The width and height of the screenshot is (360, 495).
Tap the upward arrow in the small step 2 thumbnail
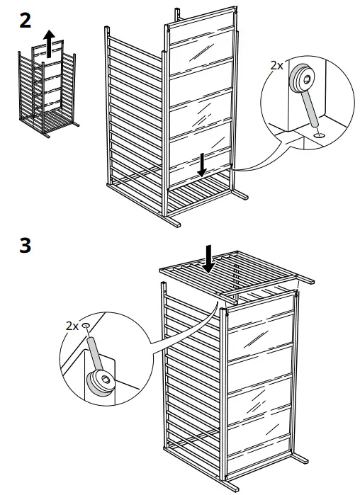tap(48, 42)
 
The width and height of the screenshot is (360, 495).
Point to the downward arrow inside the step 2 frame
tap(203, 164)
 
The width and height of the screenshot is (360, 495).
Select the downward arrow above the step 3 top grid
tap(208, 258)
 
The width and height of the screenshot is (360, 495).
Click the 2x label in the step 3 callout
tap(72, 326)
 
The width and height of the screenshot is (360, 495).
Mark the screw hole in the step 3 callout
tap(86, 326)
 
